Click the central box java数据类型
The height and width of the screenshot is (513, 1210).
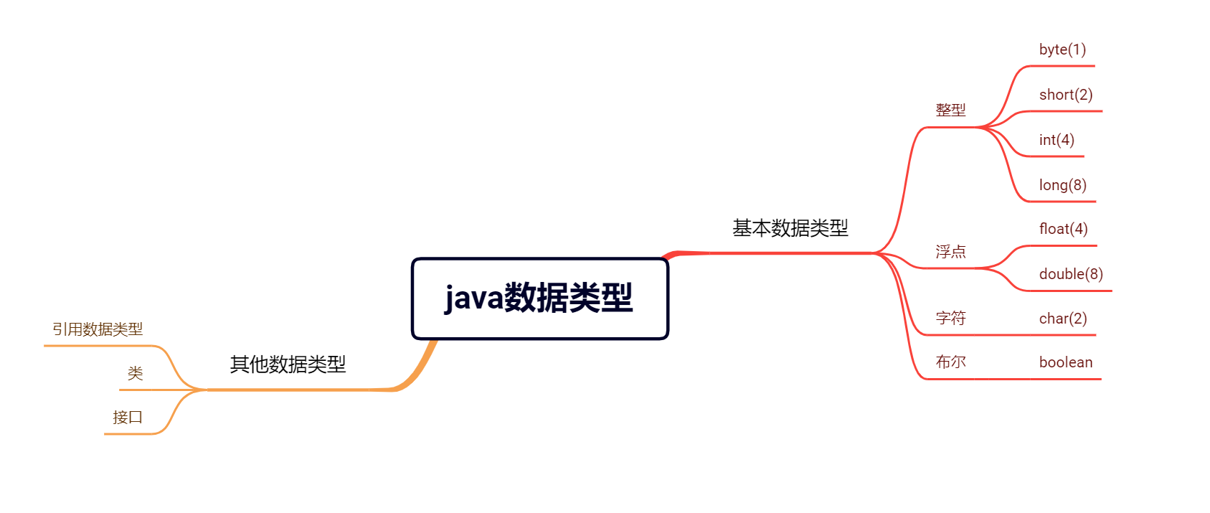coord(539,298)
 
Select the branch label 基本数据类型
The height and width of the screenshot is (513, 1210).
coord(790,228)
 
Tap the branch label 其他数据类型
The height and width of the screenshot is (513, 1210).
coord(288,364)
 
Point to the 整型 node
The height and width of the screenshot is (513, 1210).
coord(950,110)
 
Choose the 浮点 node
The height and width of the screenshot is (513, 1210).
coord(950,252)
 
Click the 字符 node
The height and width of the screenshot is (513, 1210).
coord(950,318)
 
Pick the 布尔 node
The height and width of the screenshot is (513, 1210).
coord(950,362)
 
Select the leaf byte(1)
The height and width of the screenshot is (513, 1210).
coord(1062,50)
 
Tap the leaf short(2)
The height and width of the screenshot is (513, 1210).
coord(1066,95)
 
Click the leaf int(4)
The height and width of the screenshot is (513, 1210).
coord(1057,140)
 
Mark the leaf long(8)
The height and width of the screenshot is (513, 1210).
coord(1062,185)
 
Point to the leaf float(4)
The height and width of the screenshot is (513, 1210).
coord(1063,229)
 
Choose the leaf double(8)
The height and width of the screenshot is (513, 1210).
coord(1071,274)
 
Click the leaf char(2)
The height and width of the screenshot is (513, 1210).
coord(1063,319)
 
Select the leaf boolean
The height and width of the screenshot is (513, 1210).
coord(1066,362)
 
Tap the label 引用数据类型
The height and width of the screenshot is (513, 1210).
coord(98,329)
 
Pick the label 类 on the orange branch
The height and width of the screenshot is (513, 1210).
coord(136,373)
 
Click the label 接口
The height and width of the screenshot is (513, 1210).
coord(128,417)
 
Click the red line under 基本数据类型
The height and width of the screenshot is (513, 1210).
coord(789,253)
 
